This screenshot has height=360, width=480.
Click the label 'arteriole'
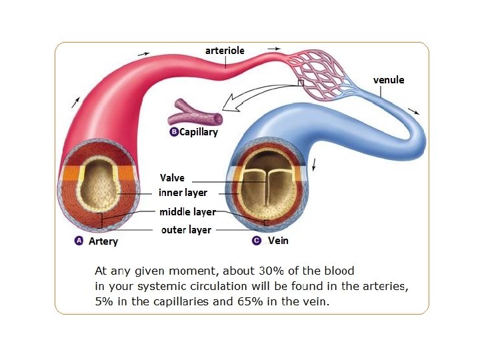click(x=226, y=51)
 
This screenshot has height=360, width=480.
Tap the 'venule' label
click(x=388, y=80)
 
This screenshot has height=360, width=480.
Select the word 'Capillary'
click(x=199, y=132)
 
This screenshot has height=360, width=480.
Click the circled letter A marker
click(x=78, y=240)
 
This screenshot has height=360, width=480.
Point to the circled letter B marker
click(x=174, y=132)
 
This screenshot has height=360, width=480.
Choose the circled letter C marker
click(x=257, y=240)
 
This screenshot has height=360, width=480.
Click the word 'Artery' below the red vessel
click(x=103, y=241)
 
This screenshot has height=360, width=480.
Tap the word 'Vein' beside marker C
click(x=278, y=240)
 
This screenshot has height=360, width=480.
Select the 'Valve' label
click(x=172, y=178)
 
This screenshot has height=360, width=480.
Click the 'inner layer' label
click(x=183, y=193)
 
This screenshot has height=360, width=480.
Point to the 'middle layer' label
click(x=187, y=212)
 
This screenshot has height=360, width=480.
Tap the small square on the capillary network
click(x=301, y=83)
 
